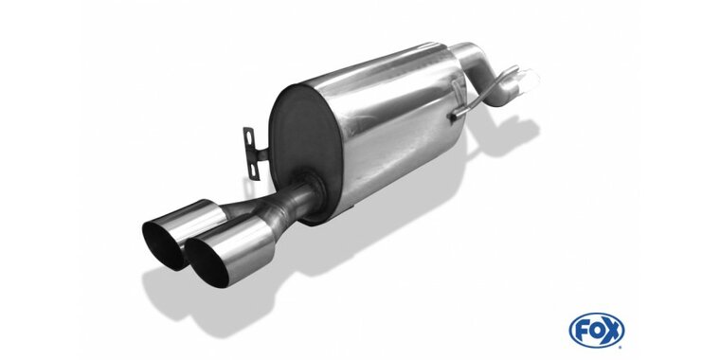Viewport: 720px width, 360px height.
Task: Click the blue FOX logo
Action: click(x=597, y=330)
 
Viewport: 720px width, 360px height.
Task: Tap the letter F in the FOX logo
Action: click(x=582, y=330)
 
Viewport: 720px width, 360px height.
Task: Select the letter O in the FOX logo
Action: click(x=596, y=330)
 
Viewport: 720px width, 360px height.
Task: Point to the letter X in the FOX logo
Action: click(x=612, y=330)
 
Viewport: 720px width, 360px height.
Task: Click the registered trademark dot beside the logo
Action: click(x=622, y=346)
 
